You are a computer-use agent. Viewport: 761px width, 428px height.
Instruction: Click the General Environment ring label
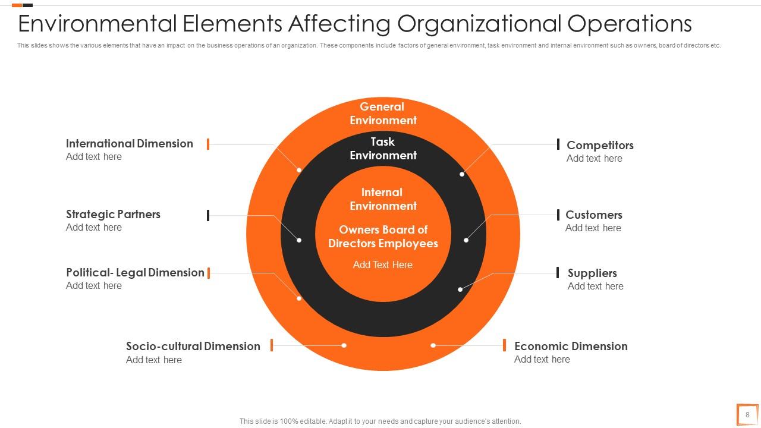[x=383, y=114]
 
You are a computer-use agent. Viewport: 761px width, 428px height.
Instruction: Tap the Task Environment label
[x=383, y=149]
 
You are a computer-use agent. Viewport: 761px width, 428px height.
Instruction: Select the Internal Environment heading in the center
[x=383, y=199]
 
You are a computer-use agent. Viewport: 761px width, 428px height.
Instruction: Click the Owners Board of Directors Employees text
[x=383, y=237]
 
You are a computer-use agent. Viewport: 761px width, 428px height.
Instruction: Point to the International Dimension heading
[x=129, y=143]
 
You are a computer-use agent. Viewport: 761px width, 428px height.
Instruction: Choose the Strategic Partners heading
[x=113, y=214]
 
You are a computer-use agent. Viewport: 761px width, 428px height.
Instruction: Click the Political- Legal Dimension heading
[x=135, y=272]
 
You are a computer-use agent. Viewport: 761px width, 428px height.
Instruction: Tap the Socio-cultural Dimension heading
[x=193, y=346]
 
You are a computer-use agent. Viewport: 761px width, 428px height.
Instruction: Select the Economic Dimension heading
[x=571, y=346]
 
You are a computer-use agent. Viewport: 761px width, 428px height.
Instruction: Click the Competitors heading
[x=600, y=145]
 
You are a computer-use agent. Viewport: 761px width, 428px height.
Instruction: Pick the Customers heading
[x=593, y=215]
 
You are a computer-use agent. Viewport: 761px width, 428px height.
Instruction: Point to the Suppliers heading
[x=592, y=273]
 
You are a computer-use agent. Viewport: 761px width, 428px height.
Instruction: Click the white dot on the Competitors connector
[x=462, y=174]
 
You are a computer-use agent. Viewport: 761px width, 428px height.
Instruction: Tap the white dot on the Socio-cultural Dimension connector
[x=344, y=345]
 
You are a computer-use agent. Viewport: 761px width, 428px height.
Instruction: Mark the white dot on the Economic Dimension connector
[x=433, y=345]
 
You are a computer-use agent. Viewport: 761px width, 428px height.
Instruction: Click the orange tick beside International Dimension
[x=208, y=144]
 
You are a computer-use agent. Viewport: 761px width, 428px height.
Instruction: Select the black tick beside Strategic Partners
[x=208, y=215]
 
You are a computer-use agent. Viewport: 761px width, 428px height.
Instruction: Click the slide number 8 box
[x=747, y=415]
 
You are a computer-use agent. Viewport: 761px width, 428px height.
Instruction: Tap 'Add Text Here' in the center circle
[x=383, y=265]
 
